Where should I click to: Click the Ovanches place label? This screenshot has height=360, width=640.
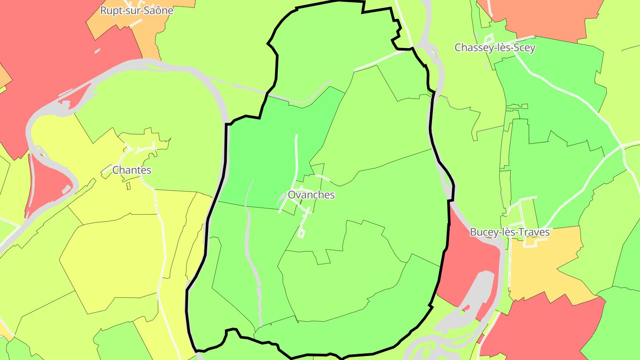[x=311, y=195]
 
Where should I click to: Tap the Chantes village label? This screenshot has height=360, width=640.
[x=132, y=170]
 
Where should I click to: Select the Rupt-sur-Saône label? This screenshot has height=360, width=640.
[x=136, y=11]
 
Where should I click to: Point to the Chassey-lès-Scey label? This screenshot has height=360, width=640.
[x=495, y=48]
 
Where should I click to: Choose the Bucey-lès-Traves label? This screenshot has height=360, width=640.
[x=510, y=232]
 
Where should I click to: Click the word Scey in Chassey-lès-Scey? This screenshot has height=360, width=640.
[x=524, y=48]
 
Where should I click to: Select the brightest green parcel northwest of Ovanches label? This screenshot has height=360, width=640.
[x=267, y=147]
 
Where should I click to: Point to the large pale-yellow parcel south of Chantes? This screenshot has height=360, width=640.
[x=111, y=262]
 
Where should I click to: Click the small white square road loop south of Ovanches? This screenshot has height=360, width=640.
[x=302, y=233]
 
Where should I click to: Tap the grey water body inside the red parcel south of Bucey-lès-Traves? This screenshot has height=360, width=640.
[x=478, y=293]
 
